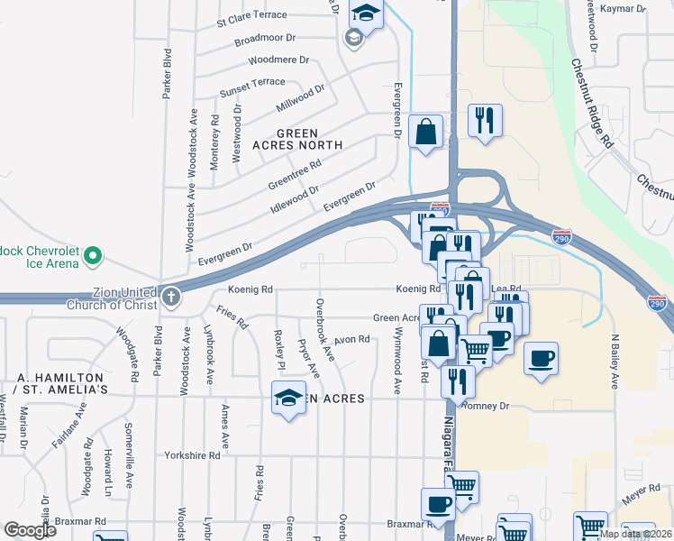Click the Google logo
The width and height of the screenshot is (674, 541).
(x=31, y=529)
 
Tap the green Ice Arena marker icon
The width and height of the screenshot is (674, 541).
(x=91, y=258)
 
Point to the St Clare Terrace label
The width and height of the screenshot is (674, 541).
(x=251, y=15)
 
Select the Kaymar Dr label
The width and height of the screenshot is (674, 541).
(x=628, y=8)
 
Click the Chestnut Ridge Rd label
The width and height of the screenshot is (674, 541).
(x=592, y=104)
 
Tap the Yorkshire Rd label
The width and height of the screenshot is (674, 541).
(x=192, y=456)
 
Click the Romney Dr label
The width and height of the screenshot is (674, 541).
(x=486, y=406)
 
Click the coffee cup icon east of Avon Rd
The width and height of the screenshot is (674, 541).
(x=542, y=358)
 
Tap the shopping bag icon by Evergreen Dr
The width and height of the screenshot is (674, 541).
(x=424, y=131)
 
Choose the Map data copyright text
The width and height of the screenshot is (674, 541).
(x=636, y=534)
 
